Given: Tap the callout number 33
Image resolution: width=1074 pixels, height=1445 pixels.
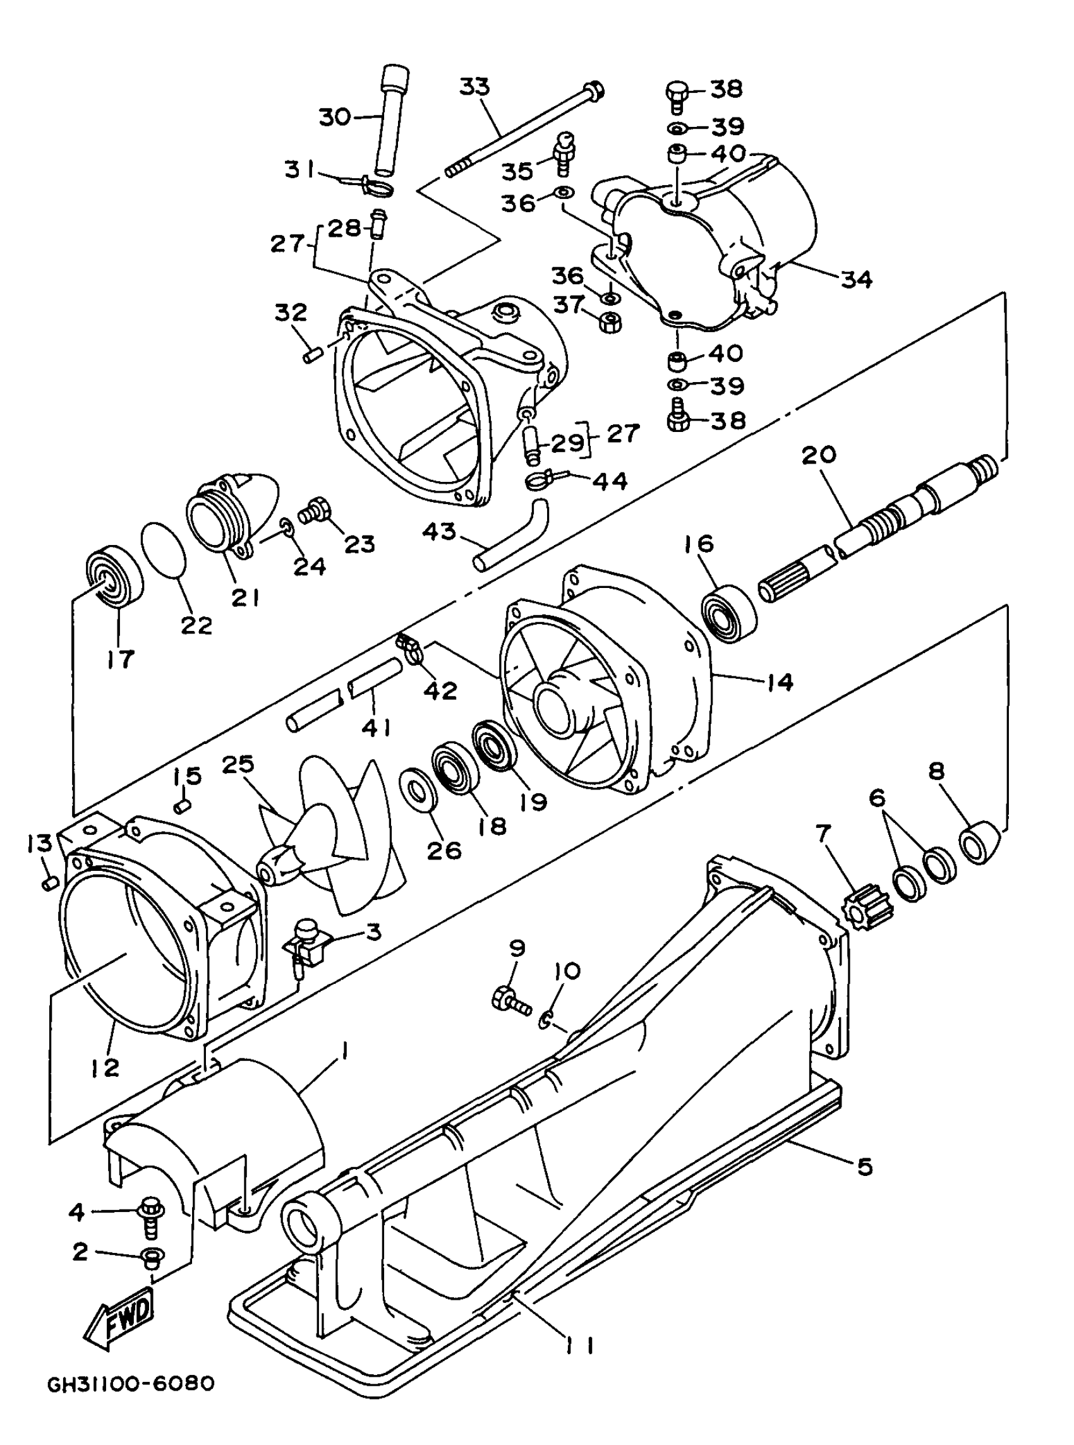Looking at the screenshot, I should click(x=474, y=87).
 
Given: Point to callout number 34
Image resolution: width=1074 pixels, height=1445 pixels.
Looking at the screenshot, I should click(x=856, y=279).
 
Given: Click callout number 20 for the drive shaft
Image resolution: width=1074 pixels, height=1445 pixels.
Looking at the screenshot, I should click(x=819, y=455).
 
